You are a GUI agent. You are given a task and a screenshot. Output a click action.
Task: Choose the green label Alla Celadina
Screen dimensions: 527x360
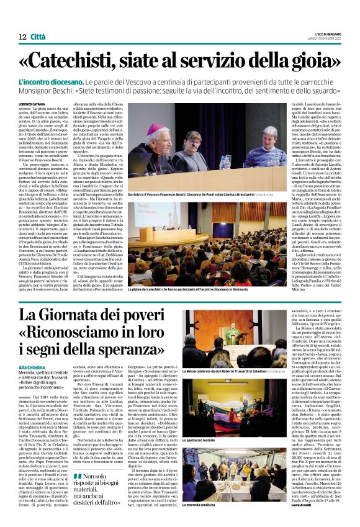coord(32,367)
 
